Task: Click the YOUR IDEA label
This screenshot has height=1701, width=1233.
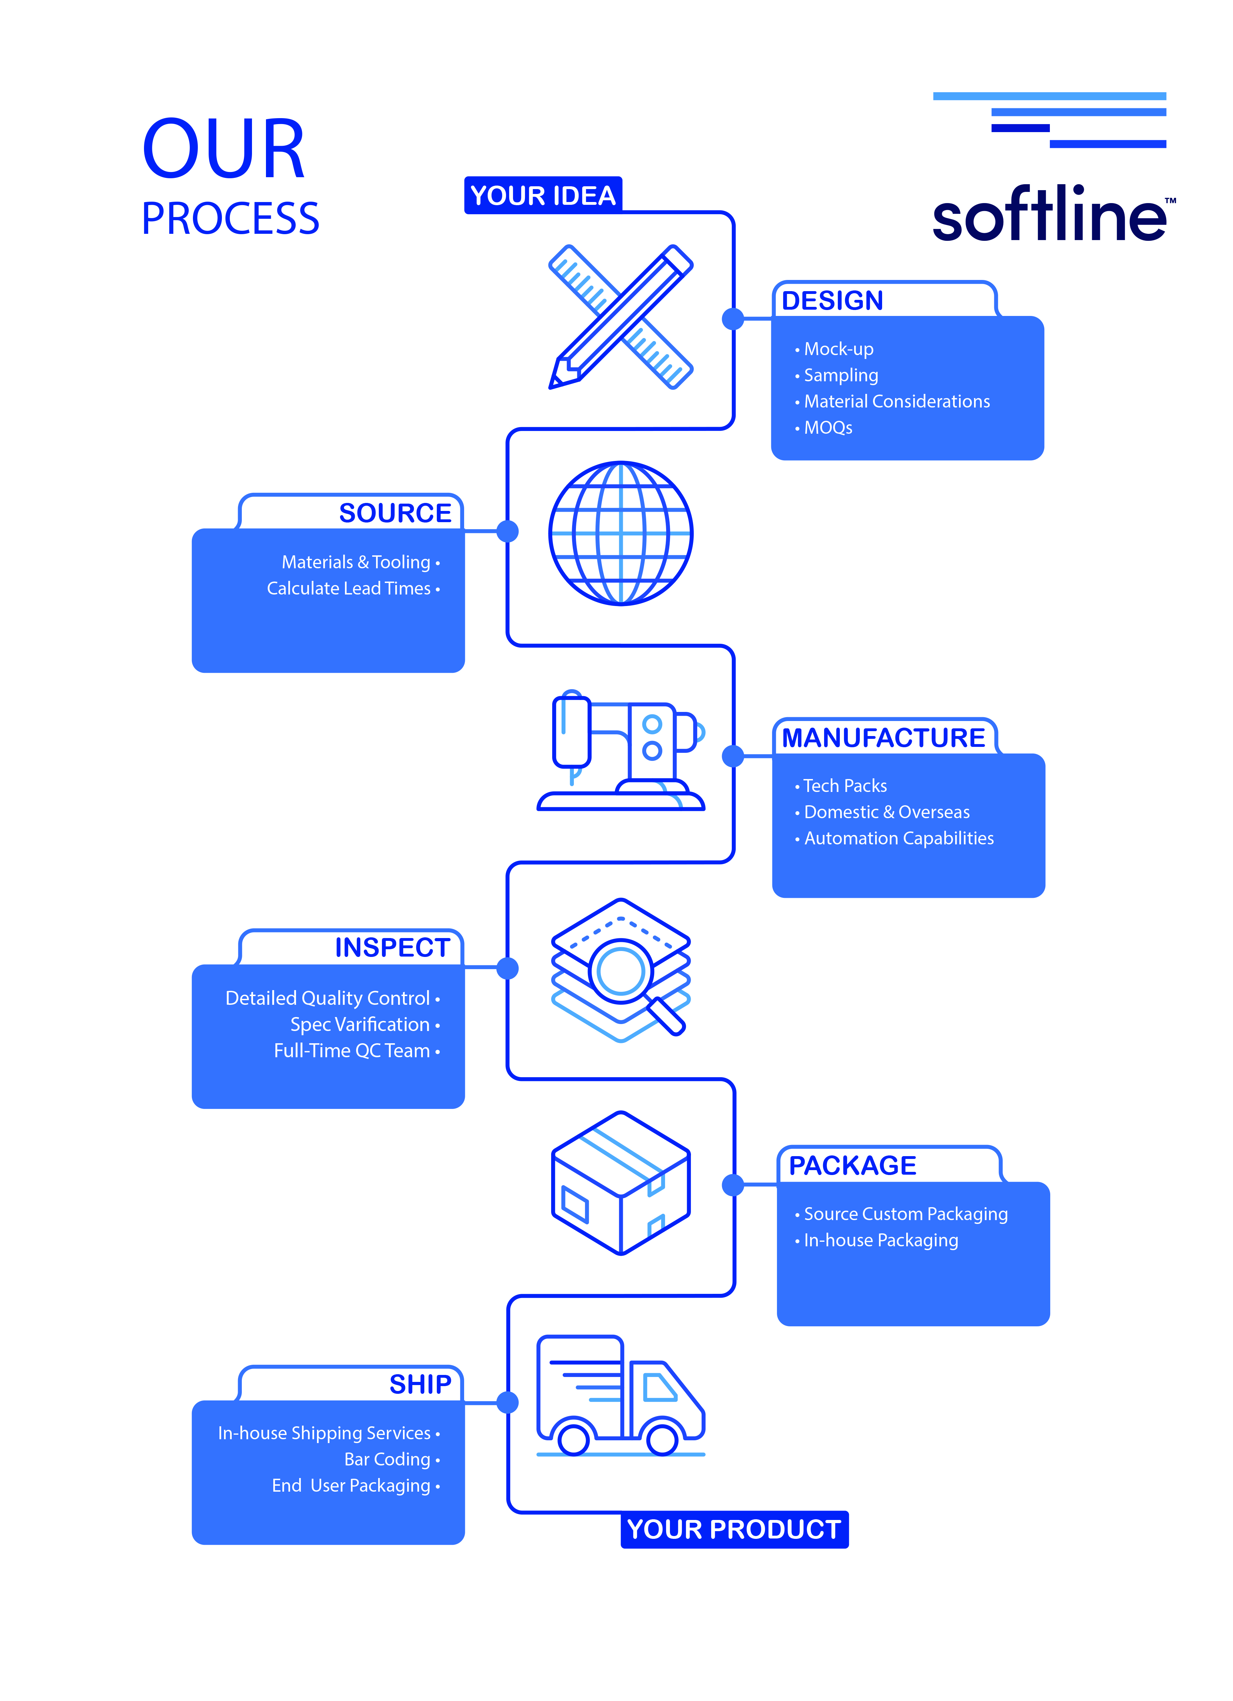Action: click(543, 196)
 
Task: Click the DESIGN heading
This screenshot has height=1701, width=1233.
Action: click(832, 301)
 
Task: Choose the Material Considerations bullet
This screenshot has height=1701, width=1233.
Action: click(893, 401)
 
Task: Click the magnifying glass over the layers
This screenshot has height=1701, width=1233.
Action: click(630, 979)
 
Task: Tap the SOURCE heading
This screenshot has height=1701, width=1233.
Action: click(395, 513)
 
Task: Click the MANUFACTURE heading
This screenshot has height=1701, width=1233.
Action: click(884, 738)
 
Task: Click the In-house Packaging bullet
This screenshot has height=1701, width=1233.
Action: click(876, 1240)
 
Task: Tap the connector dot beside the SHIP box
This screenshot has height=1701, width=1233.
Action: click(508, 1402)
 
